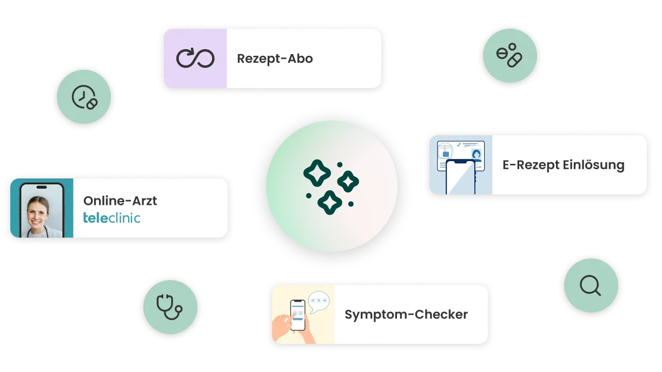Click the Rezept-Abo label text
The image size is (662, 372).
pyautogui.click(x=275, y=59)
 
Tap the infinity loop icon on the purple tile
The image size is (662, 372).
pyautogui.click(x=195, y=58)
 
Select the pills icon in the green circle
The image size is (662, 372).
pyautogui.click(x=509, y=55)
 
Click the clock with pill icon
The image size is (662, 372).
pyautogui.click(x=85, y=97)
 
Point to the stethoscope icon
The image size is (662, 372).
pyautogui.click(x=169, y=307)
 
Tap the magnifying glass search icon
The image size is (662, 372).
pyautogui.click(x=590, y=285)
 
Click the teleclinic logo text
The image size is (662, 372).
pyautogui.click(x=112, y=218)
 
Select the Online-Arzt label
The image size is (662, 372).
pyautogui.click(x=120, y=201)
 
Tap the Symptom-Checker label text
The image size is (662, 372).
pyautogui.click(x=406, y=315)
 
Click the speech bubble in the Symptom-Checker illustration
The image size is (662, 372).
pyautogui.click(x=319, y=302)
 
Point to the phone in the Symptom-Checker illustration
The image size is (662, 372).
pyautogui.click(x=297, y=315)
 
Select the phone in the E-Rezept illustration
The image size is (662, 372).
pyautogui.click(x=460, y=177)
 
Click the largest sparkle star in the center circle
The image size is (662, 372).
pyautogui.click(x=317, y=173)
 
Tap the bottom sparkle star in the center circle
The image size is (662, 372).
pyautogui.click(x=330, y=202)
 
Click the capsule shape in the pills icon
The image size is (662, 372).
pyautogui.click(x=515, y=60)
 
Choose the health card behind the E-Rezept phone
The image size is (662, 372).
pyautogui.click(x=461, y=156)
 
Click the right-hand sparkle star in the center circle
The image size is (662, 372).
pyautogui.click(x=348, y=182)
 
